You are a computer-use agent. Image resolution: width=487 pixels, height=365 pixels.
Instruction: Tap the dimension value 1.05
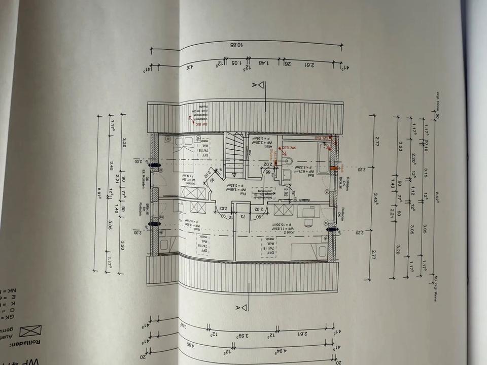[235, 63]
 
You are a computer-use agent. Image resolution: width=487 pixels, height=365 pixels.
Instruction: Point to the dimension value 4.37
[190, 67]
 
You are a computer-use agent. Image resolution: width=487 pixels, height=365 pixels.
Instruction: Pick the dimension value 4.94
[278, 351]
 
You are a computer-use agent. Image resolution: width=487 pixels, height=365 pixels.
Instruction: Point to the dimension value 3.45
[111, 165]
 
